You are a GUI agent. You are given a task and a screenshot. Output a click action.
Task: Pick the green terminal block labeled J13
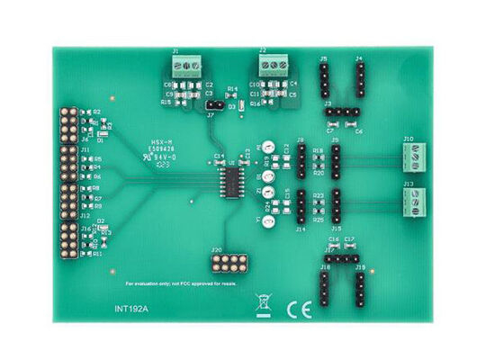[x=416, y=203]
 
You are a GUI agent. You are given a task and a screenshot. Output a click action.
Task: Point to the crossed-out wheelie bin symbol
[x=263, y=305]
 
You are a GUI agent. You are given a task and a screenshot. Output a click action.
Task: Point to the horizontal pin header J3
[x=342, y=112]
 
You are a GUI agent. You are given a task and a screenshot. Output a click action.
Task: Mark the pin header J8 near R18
[x=301, y=160]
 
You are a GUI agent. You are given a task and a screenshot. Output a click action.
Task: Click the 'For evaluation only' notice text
[x=180, y=283]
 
